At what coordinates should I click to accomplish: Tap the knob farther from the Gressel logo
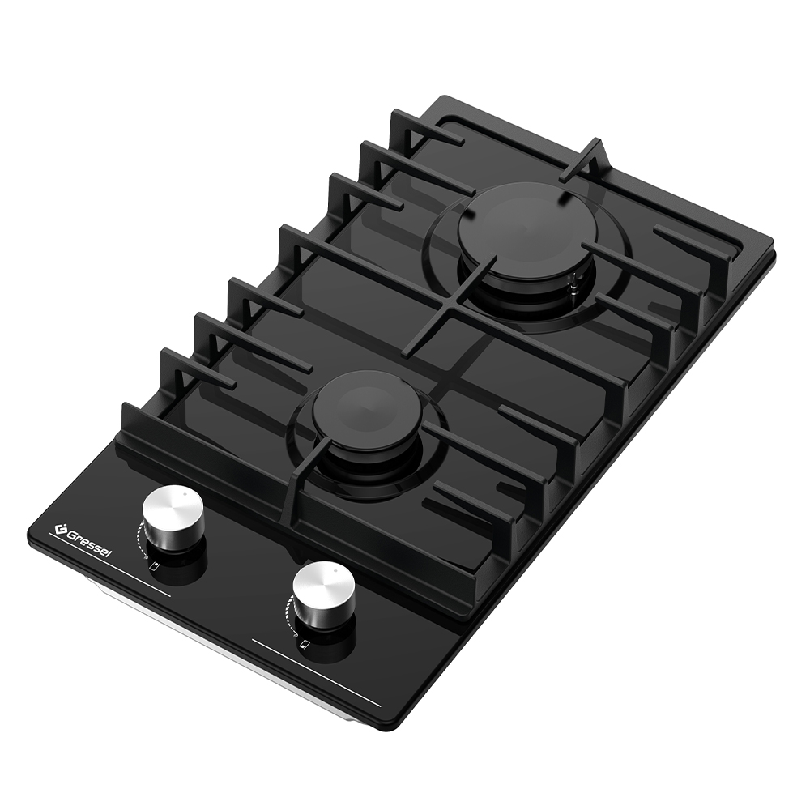click(324, 593)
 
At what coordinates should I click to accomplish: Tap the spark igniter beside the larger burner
click(573, 283)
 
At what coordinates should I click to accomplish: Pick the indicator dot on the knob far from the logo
click(335, 571)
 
